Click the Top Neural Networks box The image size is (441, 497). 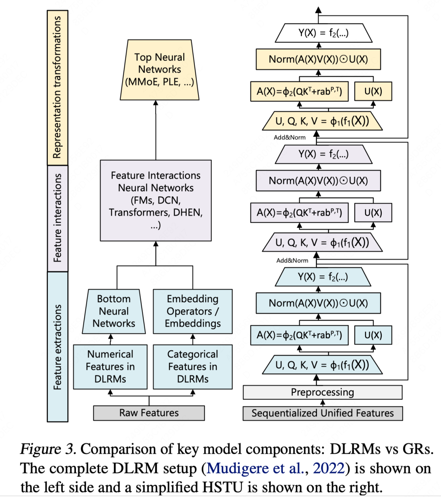(160, 70)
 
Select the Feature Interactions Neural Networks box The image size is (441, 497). (156, 200)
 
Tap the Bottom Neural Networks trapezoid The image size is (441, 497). (114, 311)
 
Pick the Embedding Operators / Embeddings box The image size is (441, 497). (193, 311)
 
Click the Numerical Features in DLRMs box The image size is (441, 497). (110, 367)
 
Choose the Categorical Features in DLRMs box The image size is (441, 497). (193, 367)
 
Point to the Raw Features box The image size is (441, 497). (149, 413)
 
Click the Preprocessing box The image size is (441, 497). (322, 392)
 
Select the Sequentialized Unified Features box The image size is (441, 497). (323, 413)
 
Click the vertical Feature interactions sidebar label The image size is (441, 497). (58, 218)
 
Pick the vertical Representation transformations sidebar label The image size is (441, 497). (58, 87)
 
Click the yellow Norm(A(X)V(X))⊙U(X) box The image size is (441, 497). (318, 59)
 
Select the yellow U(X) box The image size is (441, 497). (373, 91)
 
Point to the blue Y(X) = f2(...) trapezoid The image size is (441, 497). (323, 277)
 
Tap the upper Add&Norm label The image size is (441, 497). (290, 138)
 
